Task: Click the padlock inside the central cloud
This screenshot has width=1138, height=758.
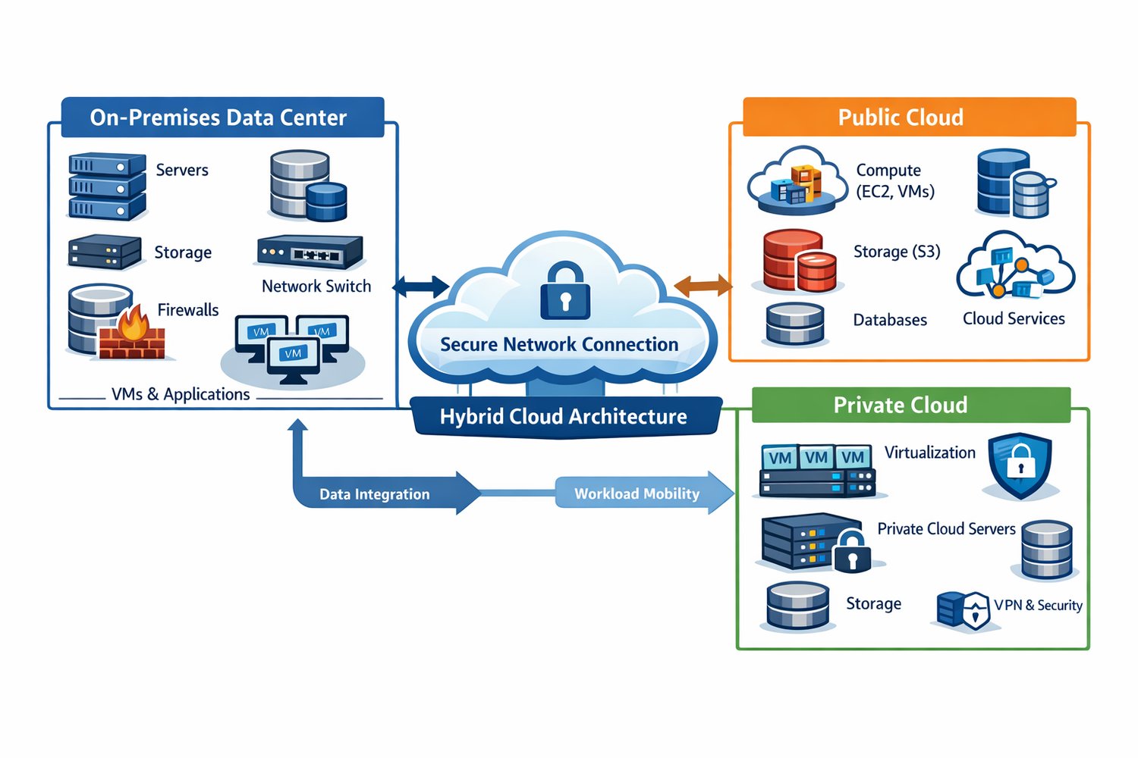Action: [x=564, y=291]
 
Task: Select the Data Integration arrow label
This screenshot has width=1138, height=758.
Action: [x=374, y=494]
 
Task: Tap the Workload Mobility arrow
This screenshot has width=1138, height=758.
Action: [x=637, y=493]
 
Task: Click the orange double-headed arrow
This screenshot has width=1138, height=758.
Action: [x=703, y=286]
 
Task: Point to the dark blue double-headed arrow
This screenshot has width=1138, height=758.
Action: [x=420, y=287]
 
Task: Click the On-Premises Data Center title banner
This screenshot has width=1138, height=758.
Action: [x=218, y=117]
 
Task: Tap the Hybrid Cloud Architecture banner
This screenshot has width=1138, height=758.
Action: [x=564, y=416]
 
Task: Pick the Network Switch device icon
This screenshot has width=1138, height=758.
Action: [x=310, y=252]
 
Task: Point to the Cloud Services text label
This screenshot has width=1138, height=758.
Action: [x=1014, y=318]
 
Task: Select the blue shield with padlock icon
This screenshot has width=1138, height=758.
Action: [x=1020, y=465]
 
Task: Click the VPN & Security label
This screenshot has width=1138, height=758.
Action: [x=1038, y=605]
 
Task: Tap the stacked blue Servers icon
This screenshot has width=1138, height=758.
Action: [x=107, y=186]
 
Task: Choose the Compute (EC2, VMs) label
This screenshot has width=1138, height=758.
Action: [x=894, y=180]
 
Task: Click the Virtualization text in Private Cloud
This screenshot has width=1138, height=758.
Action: [x=929, y=453]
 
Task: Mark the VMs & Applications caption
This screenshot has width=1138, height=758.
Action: [x=181, y=394]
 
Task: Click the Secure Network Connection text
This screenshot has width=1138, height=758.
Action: [x=559, y=344]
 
